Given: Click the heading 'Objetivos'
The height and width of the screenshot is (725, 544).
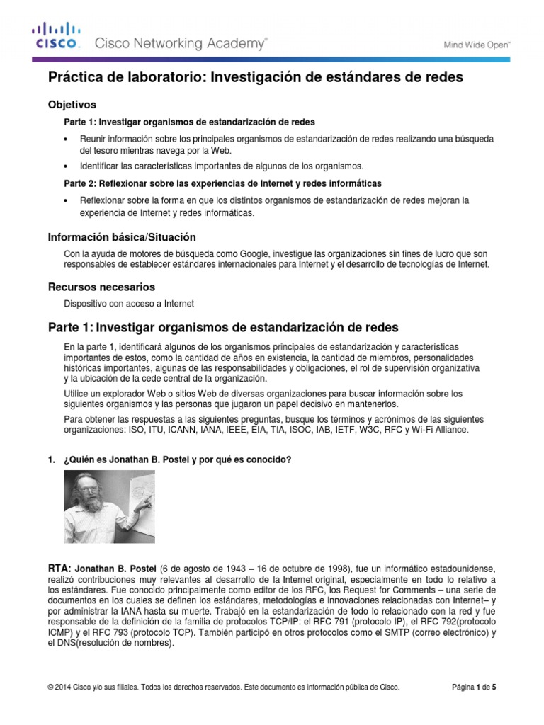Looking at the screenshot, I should click(x=72, y=104).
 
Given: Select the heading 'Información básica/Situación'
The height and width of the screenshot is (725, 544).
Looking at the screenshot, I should click(x=121, y=236).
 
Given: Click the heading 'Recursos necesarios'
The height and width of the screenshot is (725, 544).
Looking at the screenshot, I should click(x=101, y=287).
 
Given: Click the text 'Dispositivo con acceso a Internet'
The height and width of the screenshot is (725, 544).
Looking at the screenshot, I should click(x=129, y=304).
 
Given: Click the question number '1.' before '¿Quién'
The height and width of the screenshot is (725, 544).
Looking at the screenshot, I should click(x=51, y=459).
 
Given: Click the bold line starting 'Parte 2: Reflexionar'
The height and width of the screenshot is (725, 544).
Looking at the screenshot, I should click(x=222, y=183).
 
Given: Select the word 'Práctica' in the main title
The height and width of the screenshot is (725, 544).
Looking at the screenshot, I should click(x=73, y=77).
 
